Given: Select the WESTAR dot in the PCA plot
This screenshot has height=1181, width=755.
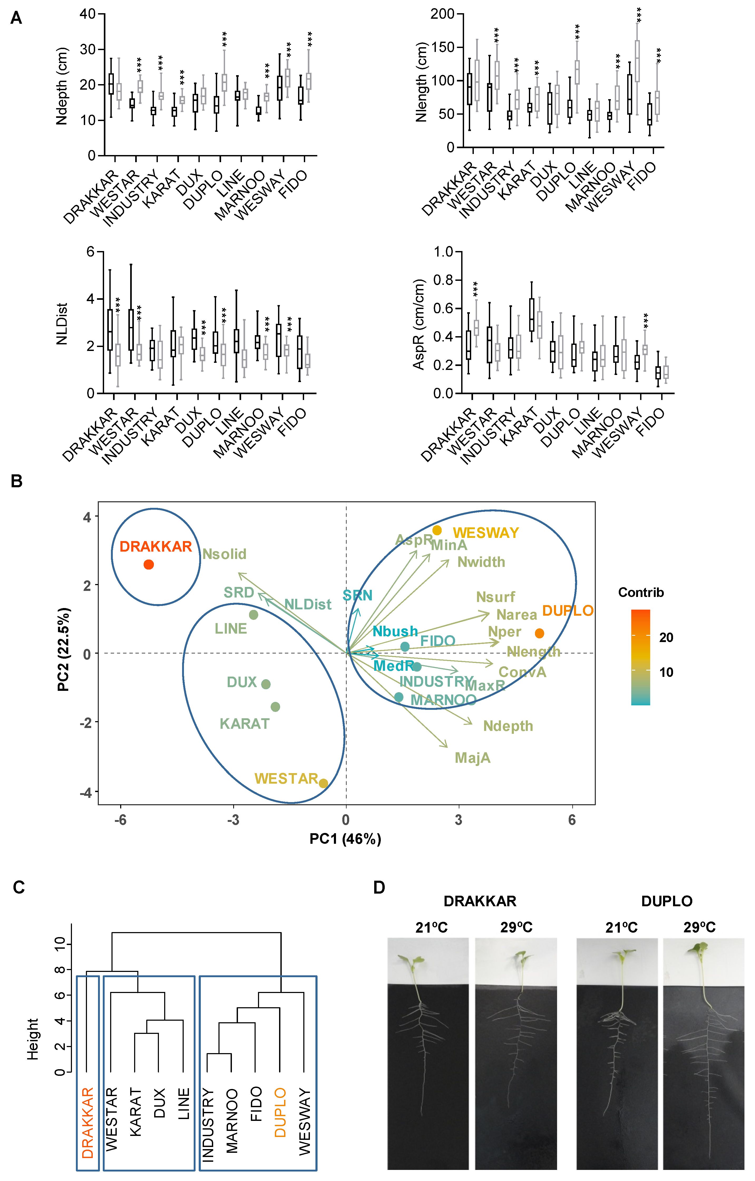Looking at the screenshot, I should pyautogui.click(x=324, y=783).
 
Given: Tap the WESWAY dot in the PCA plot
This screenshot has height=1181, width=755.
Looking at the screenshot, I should pyautogui.click(x=437, y=530).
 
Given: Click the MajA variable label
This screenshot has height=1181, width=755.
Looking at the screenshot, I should pyautogui.click(x=473, y=758).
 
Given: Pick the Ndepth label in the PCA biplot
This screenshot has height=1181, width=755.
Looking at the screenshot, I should pyautogui.click(x=508, y=726).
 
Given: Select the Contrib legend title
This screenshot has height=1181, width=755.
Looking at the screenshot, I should pyautogui.click(x=641, y=592).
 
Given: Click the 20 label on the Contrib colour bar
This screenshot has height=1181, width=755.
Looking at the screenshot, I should pyautogui.click(x=666, y=638).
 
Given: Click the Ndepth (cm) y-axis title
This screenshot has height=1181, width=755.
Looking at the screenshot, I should pyautogui.click(x=62, y=86).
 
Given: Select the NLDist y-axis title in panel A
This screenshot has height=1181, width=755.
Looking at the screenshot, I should pyautogui.click(x=62, y=324).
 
